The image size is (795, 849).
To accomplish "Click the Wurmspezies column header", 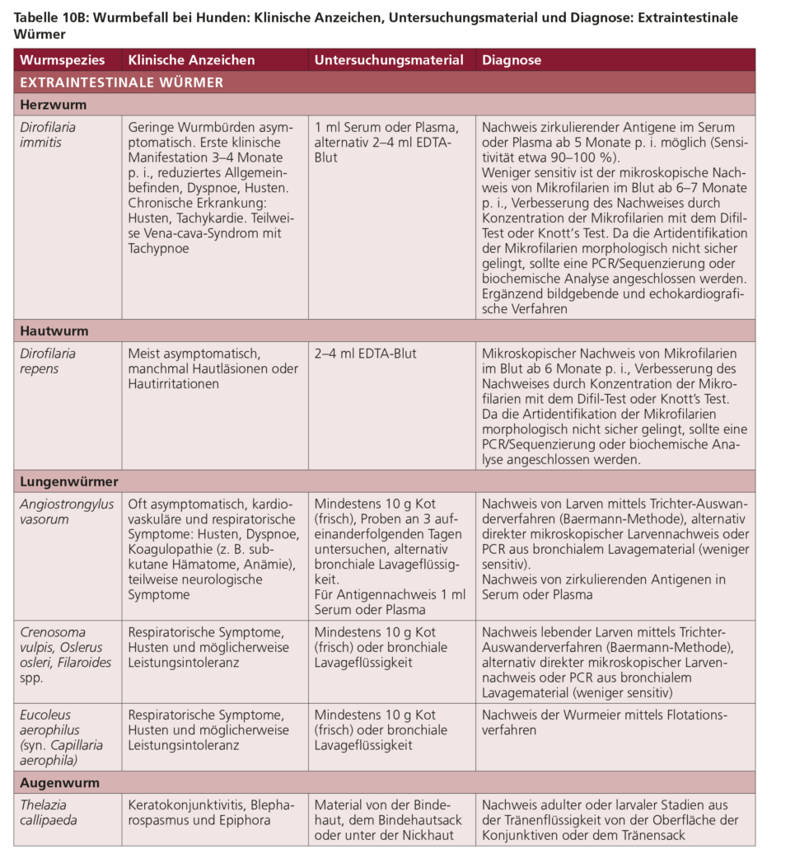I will pos(62,60).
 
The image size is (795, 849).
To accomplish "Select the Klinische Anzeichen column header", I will pos(191,60).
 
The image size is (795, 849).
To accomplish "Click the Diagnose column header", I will pos(512,60).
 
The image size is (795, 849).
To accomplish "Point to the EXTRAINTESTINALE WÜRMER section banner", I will pos(121,82).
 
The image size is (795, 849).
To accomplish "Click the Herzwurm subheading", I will pos(53,105).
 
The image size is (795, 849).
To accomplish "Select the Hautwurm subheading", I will pos(54,331).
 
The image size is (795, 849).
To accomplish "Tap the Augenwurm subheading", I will pos(59,782).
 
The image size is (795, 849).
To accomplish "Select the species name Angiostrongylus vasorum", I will pos(67,511).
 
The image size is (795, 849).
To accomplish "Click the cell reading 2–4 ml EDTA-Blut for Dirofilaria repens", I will pos(365,354).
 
